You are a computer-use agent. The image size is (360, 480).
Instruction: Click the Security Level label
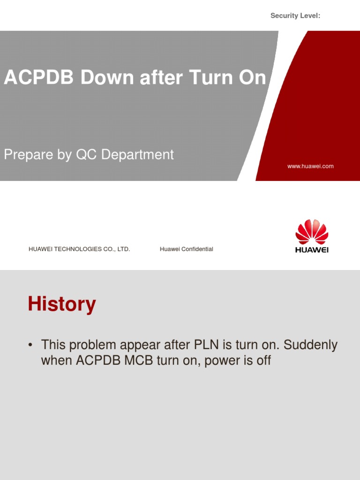[x=295, y=16]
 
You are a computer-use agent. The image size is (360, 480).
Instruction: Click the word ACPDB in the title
[x=39, y=78]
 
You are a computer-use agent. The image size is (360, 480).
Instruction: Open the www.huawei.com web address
[x=310, y=166]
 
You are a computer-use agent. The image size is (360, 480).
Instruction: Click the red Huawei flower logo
[x=312, y=232]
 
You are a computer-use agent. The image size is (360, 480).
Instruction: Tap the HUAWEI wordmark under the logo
[x=312, y=250]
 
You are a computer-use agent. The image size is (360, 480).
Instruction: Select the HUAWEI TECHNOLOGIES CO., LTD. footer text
[x=79, y=249]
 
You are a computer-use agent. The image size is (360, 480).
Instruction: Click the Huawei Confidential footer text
[x=186, y=249]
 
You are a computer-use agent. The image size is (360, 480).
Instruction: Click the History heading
[x=62, y=304]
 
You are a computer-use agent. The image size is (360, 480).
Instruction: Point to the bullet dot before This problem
[x=30, y=345]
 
